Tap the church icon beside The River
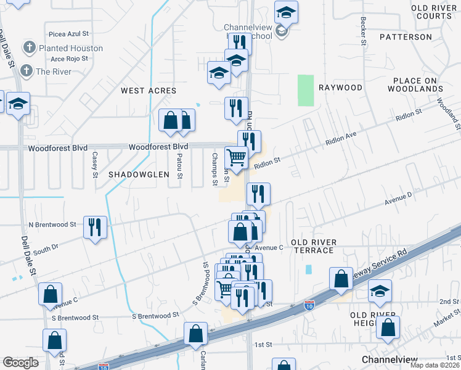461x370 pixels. coord(26,71)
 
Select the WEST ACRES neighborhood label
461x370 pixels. coord(149,91)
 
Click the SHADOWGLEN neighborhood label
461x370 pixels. coord(139,175)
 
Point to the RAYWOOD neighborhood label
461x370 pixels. coord(340,88)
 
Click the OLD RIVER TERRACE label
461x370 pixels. coord(312,247)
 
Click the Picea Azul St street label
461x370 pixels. coord(69,35)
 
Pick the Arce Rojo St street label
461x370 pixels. coord(69,59)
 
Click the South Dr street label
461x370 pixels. coord(46,250)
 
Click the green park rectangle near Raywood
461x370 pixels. coord(306,90)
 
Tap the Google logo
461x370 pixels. coord(20,363)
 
